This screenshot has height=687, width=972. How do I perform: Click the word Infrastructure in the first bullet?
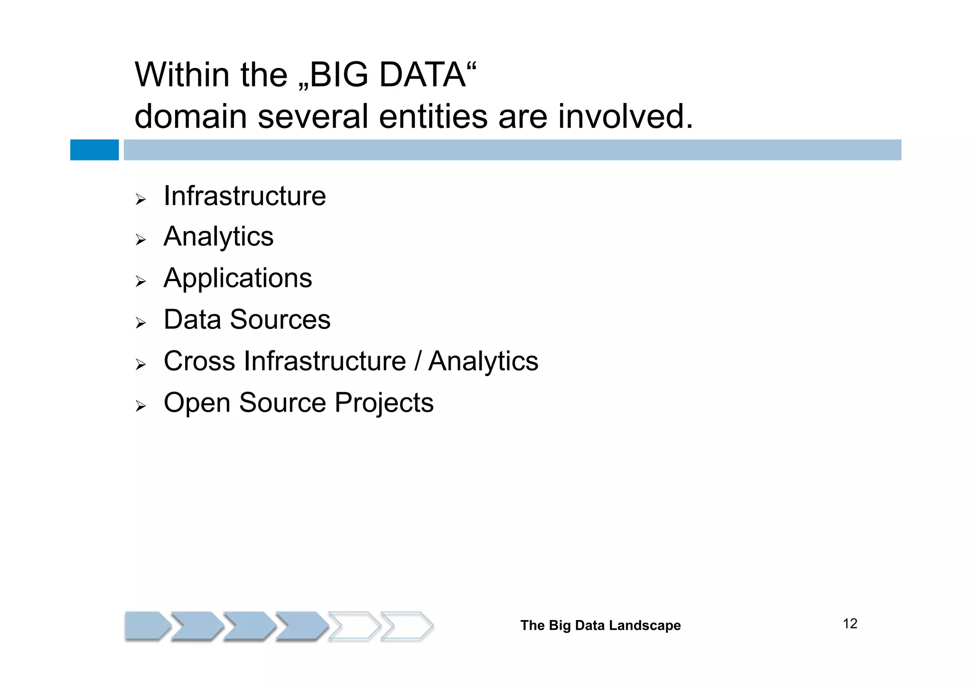[x=244, y=196]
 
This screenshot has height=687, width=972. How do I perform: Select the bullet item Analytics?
[x=218, y=237]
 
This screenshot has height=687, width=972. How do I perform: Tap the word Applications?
[x=238, y=278]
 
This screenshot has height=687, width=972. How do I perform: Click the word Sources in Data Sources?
[x=280, y=320]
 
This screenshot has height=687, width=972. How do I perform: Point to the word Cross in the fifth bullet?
[x=199, y=361]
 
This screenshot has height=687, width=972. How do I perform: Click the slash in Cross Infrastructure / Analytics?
[x=417, y=361]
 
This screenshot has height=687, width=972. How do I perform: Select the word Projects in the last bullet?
[x=383, y=403]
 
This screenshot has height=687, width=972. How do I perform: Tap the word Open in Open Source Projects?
[x=196, y=403]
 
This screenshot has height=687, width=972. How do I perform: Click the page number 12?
[x=850, y=624]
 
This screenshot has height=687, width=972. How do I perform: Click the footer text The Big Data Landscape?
[x=600, y=625]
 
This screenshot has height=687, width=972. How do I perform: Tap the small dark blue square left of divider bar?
[x=94, y=150]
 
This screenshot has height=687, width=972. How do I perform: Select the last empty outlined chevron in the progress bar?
[x=407, y=626]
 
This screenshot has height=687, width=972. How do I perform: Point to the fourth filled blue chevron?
[x=301, y=626]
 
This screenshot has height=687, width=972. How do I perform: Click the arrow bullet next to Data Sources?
[x=140, y=323]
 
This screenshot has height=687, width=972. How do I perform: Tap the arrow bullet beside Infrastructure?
[x=140, y=199]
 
